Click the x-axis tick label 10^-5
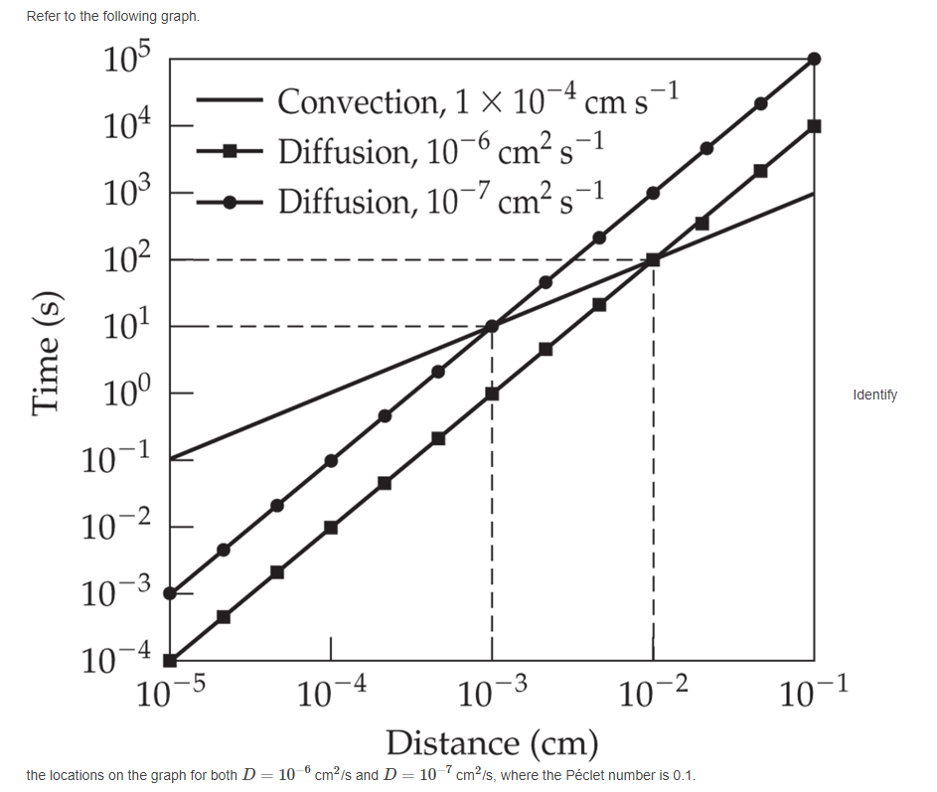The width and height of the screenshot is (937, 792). click(169, 692)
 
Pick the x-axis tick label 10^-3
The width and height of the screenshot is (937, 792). click(493, 692)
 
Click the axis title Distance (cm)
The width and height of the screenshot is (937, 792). click(492, 741)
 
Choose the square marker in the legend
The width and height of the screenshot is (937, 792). click(230, 151)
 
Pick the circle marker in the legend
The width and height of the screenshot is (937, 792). click(230, 202)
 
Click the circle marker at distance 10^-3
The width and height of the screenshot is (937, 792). click(492, 326)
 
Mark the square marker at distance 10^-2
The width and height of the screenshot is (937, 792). click(653, 260)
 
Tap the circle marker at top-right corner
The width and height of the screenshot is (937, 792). click(815, 59)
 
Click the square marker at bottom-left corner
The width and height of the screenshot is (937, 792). click(170, 660)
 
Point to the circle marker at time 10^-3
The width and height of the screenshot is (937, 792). click(170, 593)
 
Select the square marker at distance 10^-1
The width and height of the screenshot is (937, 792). click(815, 126)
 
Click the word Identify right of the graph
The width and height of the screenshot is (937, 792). click(874, 395)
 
